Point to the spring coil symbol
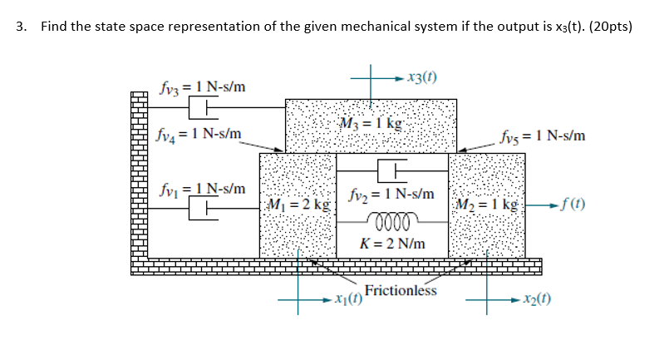[x=391, y=222]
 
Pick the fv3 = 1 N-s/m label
[x=202, y=86]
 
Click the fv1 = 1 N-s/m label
[x=202, y=189]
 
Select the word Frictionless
[x=401, y=290]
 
